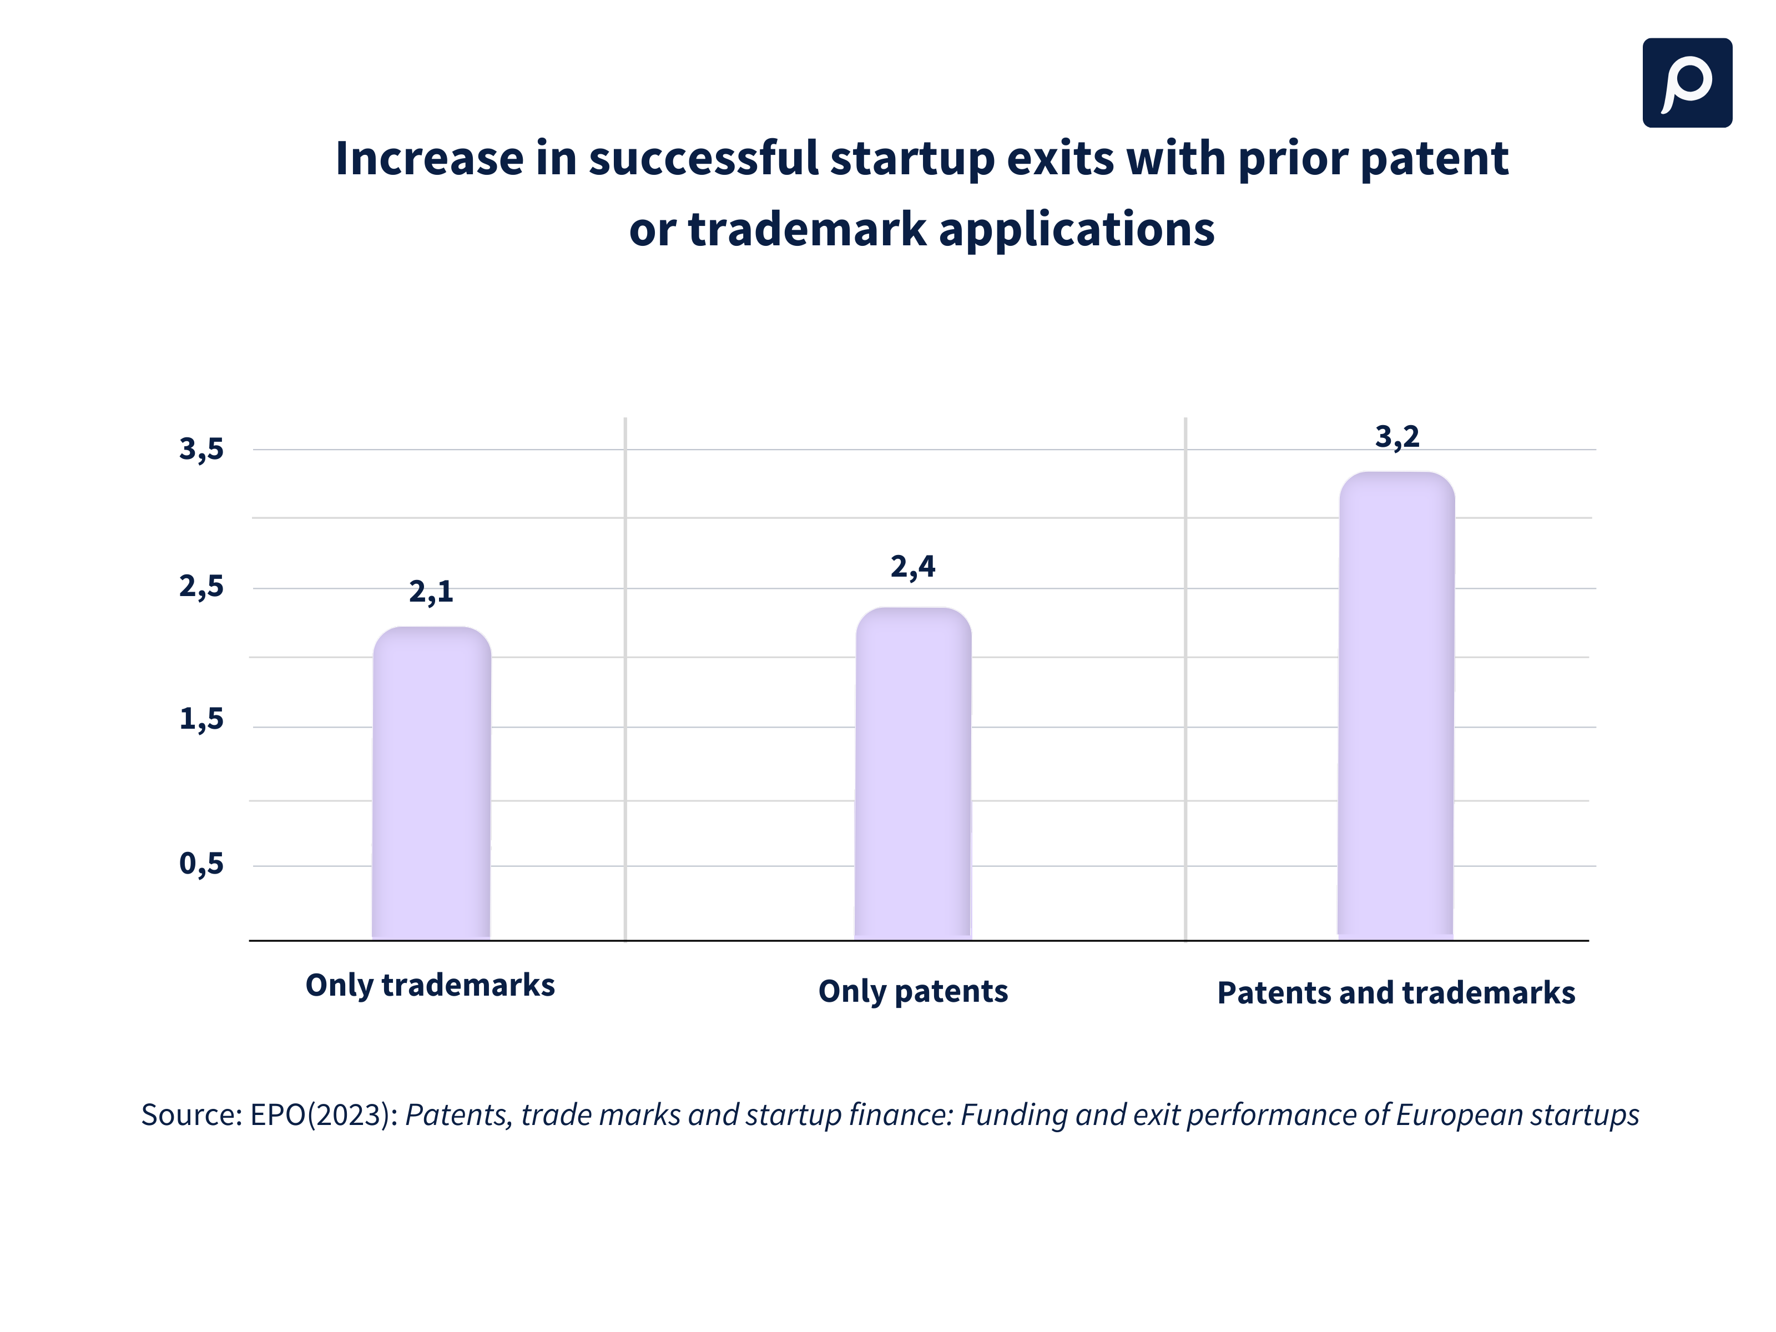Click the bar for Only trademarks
[431, 783]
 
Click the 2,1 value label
[431, 592]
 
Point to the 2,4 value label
[913, 567]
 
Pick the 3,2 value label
[1397, 437]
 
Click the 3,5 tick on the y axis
[201, 450]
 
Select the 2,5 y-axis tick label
[201, 587]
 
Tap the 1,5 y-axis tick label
[201, 719]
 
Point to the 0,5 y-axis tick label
[201, 864]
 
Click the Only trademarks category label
[430, 985]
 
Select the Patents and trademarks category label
[1396, 993]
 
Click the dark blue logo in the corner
[1687, 83]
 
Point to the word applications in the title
[1076, 230]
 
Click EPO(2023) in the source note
[324, 1115]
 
